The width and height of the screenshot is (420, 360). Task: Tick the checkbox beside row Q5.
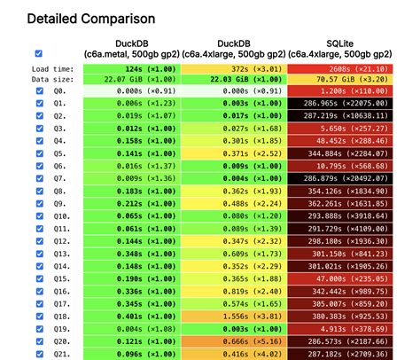pyautogui.click(x=38, y=153)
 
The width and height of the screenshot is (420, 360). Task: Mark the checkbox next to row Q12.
pyautogui.click(x=38, y=240)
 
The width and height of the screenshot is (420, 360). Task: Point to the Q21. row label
pyautogui.click(x=60, y=352)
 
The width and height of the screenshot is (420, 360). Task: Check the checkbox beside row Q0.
pyautogui.click(x=38, y=90)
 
